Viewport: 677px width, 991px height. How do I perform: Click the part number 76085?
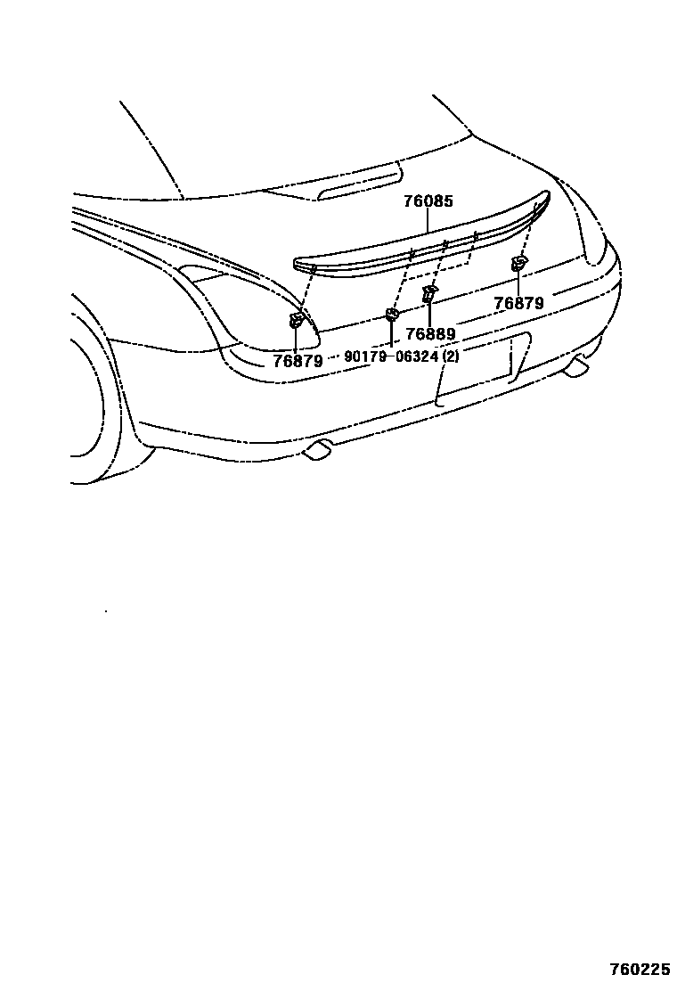click(x=428, y=201)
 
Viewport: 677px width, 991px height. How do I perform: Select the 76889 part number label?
click(x=430, y=334)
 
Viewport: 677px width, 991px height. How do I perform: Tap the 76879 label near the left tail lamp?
click(x=298, y=361)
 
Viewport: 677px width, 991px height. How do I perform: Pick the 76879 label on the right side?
click(x=518, y=303)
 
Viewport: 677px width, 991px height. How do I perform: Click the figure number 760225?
click(x=639, y=969)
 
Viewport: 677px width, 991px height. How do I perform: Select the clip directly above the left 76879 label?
click(x=297, y=321)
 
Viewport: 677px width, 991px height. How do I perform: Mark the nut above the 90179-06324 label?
click(x=391, y=314)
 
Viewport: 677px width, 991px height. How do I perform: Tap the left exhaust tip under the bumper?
click(x=317, y=451)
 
